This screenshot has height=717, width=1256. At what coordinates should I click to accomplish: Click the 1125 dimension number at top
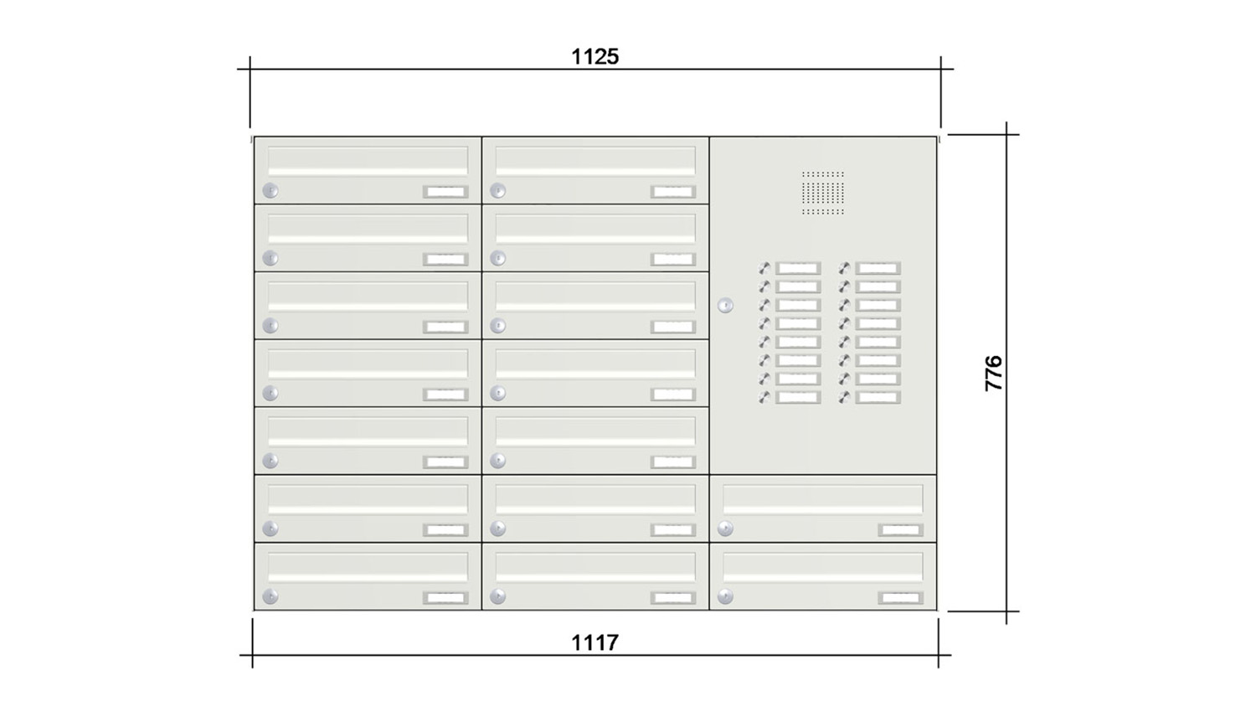coord(595,57)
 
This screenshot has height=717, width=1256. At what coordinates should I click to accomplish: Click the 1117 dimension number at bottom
coord(595,642)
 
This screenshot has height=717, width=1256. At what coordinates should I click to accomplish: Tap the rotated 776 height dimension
coord(993,373)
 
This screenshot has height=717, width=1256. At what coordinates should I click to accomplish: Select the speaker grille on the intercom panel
coord(823,193)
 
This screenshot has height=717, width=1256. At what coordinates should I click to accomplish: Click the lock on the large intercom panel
coord(725,306)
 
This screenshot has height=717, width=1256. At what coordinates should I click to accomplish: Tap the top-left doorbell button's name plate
coord(798,269)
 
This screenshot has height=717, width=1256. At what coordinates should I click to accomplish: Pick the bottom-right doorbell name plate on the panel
coord(878,398)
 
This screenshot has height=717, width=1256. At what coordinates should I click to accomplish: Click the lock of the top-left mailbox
coord(270,191)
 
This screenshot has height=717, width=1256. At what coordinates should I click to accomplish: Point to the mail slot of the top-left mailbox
coord(368,161)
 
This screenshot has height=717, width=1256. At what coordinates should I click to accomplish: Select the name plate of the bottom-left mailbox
coord(445,598)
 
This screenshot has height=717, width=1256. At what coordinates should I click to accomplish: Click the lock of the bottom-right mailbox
coord(725,597)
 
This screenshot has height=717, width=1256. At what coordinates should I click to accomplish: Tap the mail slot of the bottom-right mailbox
coord(823,568)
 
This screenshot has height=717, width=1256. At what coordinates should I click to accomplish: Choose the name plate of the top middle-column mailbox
coord(673,192)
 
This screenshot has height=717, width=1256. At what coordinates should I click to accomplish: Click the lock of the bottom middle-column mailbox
coord(498,597)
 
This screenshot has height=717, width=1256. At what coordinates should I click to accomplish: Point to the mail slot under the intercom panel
coord(823,500)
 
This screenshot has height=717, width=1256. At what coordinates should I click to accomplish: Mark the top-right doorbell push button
coord(845,269)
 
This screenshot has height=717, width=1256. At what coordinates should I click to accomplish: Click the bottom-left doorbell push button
coord(764,398)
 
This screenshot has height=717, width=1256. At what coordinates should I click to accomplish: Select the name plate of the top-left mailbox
coord(445,192)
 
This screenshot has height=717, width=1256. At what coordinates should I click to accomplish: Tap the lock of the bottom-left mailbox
coord(270,597)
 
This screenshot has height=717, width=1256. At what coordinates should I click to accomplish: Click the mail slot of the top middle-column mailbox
coord(595,161)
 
